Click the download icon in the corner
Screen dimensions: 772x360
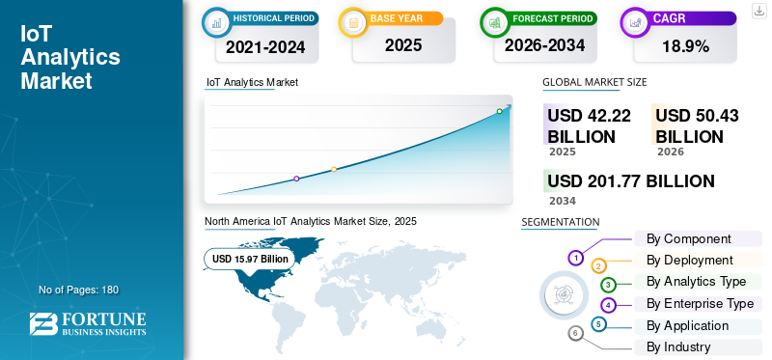(758, 11)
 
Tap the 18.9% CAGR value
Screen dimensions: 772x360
(685, 46)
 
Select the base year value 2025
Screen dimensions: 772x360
(403, 45)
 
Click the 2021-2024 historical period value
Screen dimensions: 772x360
(265, 47)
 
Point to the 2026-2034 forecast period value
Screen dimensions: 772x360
(544, 45)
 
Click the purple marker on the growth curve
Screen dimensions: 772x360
(296, 179)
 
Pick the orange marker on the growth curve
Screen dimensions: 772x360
(334, 170)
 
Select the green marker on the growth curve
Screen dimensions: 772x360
(499, 111)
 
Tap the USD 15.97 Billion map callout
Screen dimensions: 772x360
(250, 259)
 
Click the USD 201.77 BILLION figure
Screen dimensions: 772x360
(631, 181)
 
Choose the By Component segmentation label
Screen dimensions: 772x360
(689, 238)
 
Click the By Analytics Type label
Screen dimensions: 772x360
(696, 282)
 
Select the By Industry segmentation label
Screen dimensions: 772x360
(678, 346)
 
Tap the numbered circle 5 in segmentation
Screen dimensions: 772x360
(597, 324)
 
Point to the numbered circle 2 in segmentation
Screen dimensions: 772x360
(598, 266)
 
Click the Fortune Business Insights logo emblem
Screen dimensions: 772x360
(42, 324)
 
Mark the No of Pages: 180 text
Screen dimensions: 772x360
(78, 290)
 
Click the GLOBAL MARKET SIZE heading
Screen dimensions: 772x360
(594, 82)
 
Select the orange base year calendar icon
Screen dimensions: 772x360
(353, 22)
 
